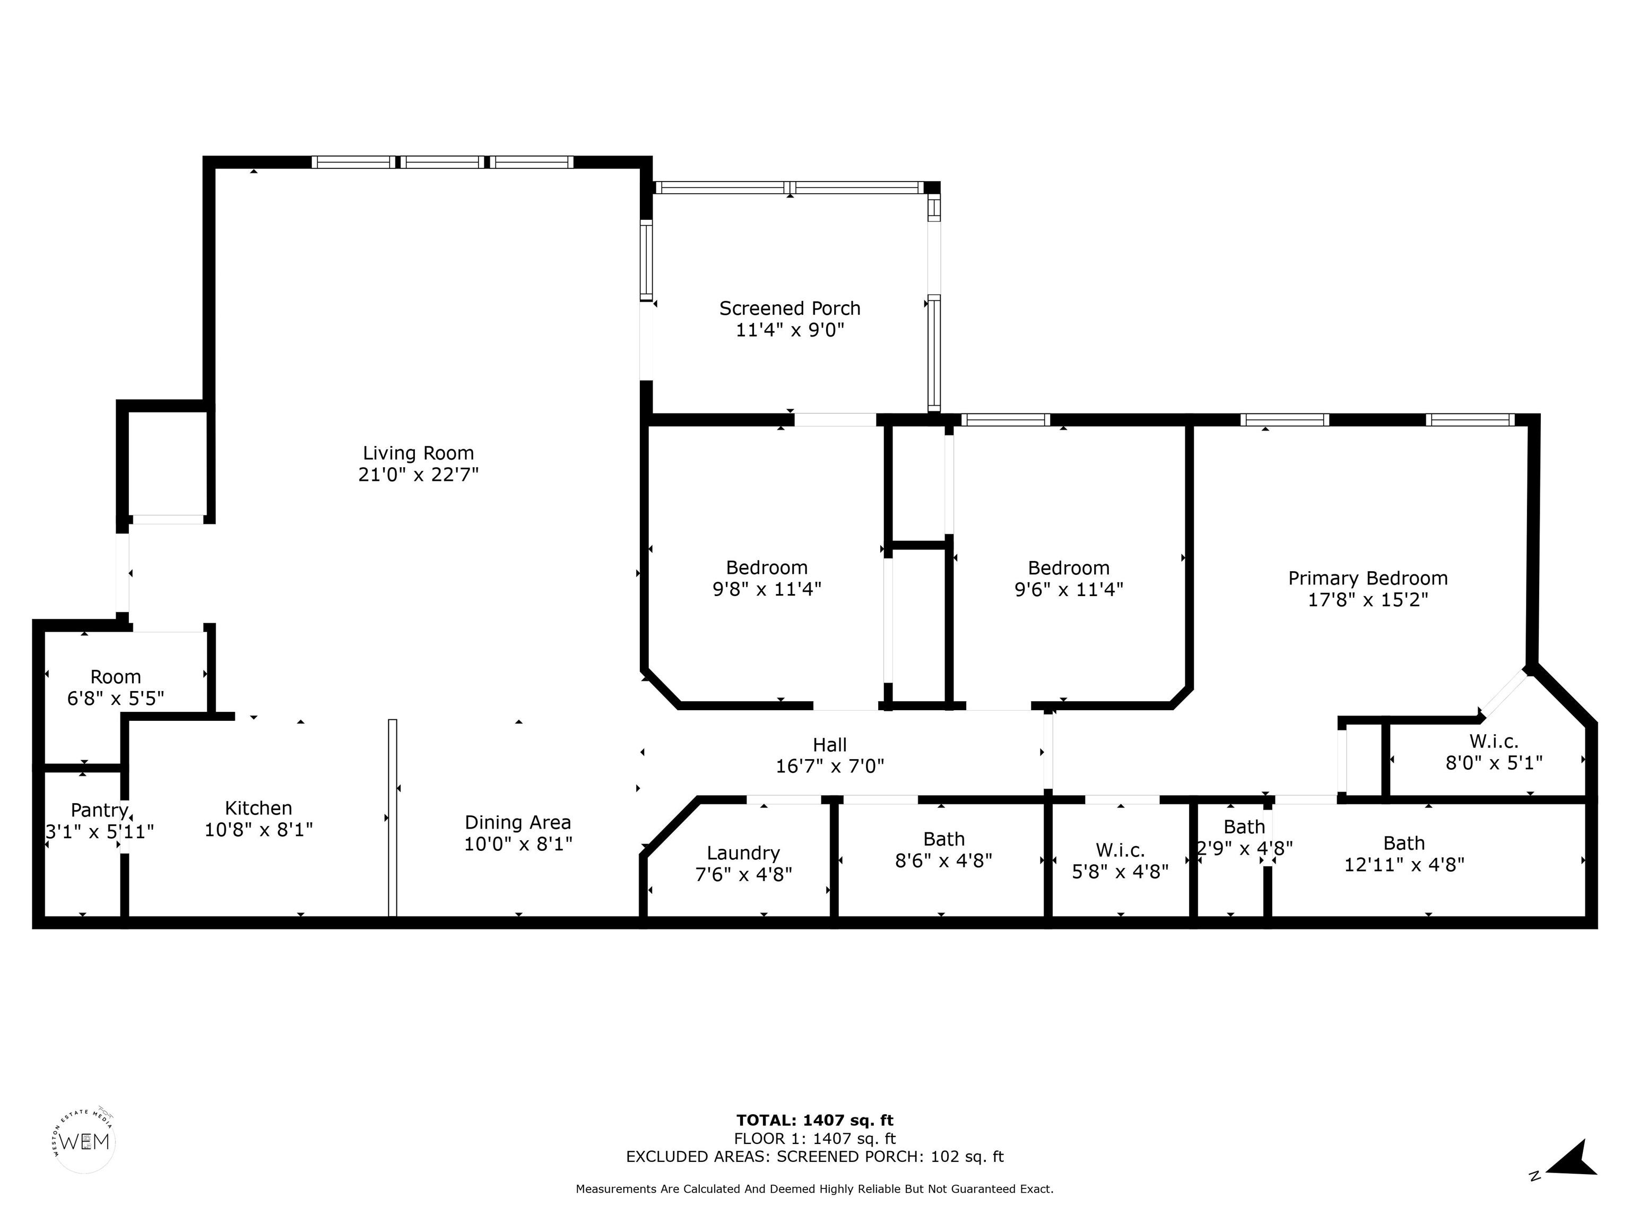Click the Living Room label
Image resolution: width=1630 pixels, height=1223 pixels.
click(418, 453)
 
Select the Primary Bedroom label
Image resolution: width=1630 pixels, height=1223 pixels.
click(1368, 579)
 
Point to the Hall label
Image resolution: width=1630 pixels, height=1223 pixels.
click(830, 745)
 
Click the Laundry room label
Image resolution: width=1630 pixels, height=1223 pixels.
click(743, 854)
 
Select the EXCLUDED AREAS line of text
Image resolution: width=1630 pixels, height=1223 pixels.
click(814, 1157)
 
